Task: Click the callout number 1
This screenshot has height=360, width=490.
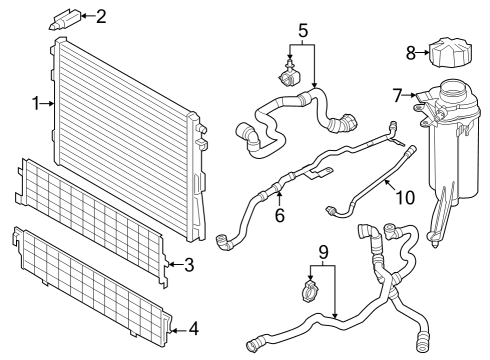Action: point(35,102)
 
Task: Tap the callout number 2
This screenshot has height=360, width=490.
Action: point(99,15)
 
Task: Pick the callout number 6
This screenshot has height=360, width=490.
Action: point(281,214)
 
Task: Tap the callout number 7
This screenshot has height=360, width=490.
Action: point(397,95)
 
